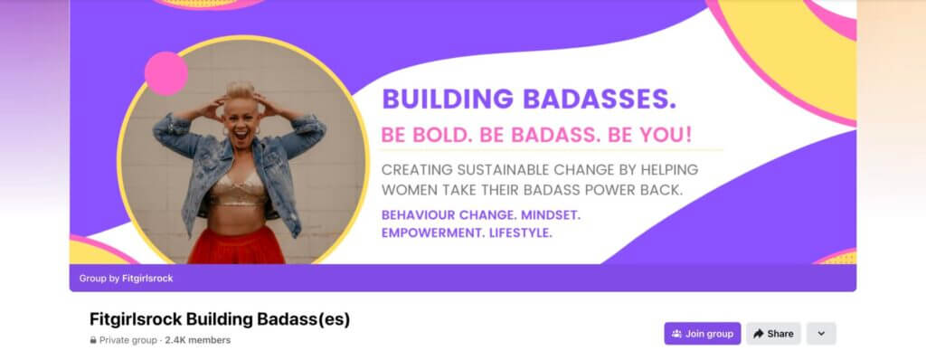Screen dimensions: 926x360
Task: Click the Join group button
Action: (x=702, y=334)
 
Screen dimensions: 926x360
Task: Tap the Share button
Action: (x=773, y=334)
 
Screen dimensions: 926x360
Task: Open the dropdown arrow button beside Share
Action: (x=821, y=334)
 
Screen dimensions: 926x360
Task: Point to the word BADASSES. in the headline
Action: (x=600, y=99)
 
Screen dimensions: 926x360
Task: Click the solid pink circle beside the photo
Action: (x=166, y=74)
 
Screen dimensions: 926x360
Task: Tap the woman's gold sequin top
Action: (x=239, y=189)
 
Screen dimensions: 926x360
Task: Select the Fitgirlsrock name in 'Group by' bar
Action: (x=147, y=279)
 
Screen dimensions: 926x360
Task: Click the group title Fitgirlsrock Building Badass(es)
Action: (x=220, y=319)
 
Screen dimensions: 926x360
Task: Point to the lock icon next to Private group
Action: (x=93, y=340)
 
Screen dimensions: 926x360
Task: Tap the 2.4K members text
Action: (x=198, y=340)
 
